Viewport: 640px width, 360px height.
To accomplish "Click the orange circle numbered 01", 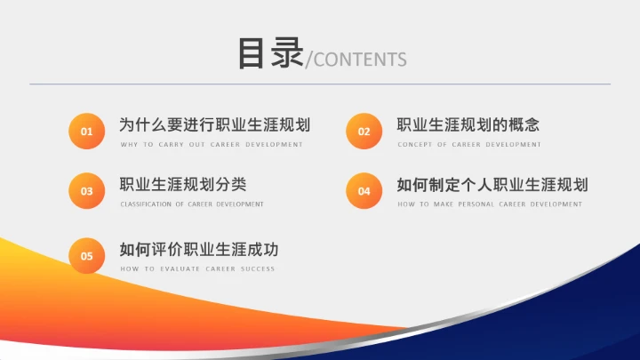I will tap(87, 132).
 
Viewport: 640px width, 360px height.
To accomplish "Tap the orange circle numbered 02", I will tap(364, 132).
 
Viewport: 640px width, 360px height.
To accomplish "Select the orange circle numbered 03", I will tap(87, 190).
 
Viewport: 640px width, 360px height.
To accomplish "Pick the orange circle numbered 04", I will tap(364, 190).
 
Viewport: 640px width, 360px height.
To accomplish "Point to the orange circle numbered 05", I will tap(87, 256).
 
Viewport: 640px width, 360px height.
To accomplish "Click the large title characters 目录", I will tap(269, 52).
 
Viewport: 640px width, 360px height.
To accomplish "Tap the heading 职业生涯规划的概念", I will tap(468, 125).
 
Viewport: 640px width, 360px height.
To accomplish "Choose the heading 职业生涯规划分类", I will tap(183, 185).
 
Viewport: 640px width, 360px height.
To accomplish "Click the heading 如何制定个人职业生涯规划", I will tap(492, 185).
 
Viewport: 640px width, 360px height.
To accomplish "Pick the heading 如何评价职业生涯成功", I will tap(204, 250).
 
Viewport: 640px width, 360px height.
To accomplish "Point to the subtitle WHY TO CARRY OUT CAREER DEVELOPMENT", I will tap(212, 144).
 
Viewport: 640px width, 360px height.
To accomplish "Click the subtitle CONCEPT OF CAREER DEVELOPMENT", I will tap(469, 144).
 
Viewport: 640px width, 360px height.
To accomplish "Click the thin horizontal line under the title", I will tap(320, 84).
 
